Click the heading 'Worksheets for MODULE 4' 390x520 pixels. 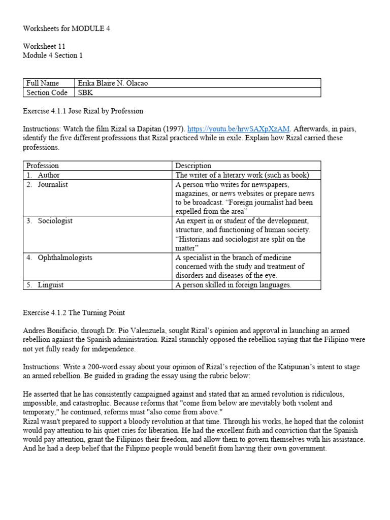point(66,28)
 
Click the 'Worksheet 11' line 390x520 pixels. point(44,46)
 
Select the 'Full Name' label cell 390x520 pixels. point(43,83)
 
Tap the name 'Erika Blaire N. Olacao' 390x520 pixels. point(112,83)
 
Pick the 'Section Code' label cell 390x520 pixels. point(46,92)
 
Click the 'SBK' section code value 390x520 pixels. point(85,92)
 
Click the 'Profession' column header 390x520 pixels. point(43,166)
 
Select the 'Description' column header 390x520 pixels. point(193,166)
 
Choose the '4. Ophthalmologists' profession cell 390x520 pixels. point(59,257)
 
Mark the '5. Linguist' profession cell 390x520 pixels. point(45,285)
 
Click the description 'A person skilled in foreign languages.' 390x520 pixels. point(234,285)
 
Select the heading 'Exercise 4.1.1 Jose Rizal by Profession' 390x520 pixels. point(83,111)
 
